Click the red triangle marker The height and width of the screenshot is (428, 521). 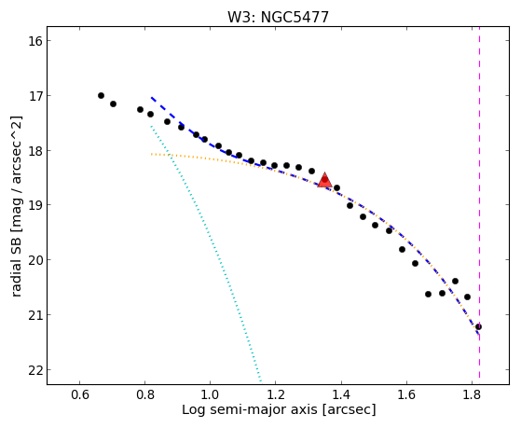click(324, 180)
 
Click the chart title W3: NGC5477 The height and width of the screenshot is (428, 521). click(278, 18)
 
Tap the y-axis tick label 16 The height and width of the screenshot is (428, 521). click(35, 41)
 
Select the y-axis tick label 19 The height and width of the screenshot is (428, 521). click(35, 205)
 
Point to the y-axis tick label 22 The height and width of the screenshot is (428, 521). click(35, 370)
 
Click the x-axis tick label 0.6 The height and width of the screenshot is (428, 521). click(80, 394)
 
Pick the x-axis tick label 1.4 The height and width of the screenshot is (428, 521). click(341, 394)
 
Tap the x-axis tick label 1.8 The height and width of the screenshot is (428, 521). click(473, 394)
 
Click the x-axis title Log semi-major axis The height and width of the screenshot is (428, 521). click(250, 410)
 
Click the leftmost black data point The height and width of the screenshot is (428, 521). click(101, 96)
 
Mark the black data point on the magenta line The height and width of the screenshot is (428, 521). click(478, 327)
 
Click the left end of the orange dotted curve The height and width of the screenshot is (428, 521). click(152, 154)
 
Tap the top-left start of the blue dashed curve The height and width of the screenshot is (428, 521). click(152, 97)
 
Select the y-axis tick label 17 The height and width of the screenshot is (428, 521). click(35, 96)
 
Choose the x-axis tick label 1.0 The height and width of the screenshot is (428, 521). click(211, 394)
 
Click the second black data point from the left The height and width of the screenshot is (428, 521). click(113, 104)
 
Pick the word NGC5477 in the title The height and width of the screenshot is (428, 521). click(295, 18)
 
